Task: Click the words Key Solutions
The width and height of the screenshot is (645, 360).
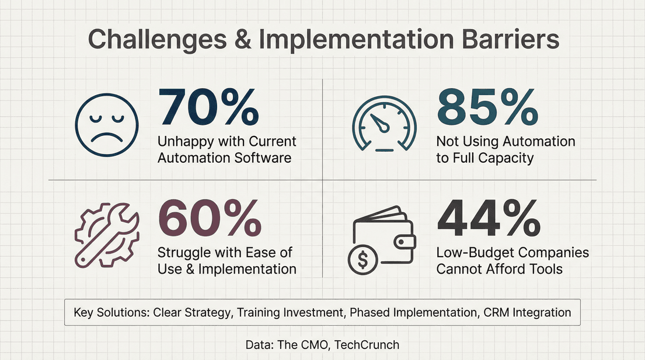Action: tap(111, 312)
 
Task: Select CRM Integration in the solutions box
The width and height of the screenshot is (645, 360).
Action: tap(527, 312)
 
